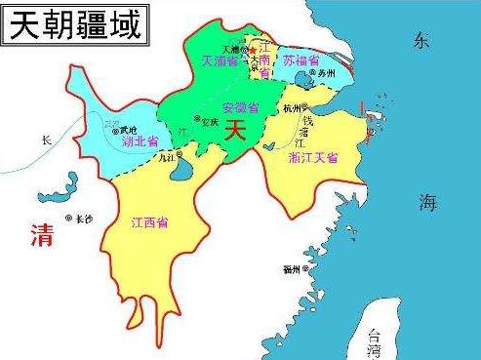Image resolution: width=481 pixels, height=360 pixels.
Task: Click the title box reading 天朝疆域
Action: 74,21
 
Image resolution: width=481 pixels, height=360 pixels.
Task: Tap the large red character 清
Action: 41,234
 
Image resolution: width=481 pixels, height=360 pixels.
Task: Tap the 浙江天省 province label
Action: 312,157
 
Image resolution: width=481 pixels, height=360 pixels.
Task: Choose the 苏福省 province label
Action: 304,60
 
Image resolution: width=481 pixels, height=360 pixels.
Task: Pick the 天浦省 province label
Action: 220,60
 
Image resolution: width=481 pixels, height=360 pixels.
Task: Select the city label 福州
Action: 292,267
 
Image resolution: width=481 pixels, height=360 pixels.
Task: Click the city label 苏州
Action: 325,74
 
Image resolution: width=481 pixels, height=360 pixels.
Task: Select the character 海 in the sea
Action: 428,203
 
